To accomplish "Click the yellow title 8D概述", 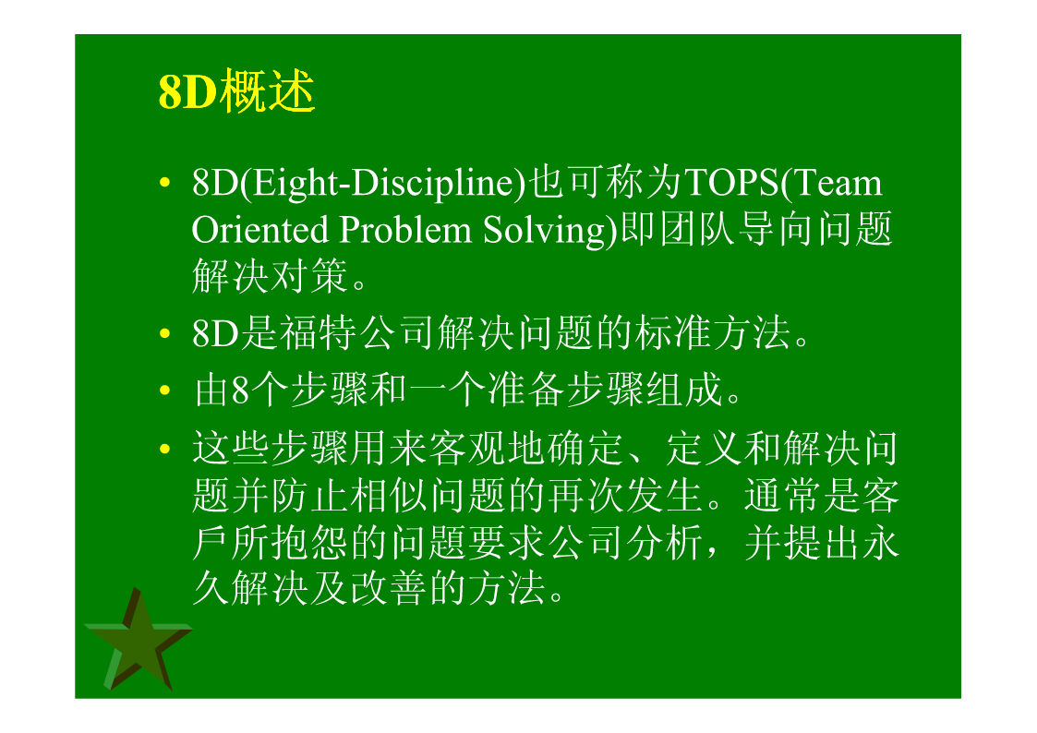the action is pos(236,90).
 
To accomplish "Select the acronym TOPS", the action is pos(731,183).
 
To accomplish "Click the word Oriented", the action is pos(259,230).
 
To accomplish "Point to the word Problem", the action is pos(404,230).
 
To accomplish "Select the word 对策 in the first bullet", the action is pos(309,276).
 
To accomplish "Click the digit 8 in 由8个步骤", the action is pos(240,391).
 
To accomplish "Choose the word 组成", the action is pos(684,390).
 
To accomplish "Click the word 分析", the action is pos(665,544).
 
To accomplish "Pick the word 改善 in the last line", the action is pos(388,588).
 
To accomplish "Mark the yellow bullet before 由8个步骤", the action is pos(164,390).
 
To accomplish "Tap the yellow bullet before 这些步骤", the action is pos(164,449).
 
